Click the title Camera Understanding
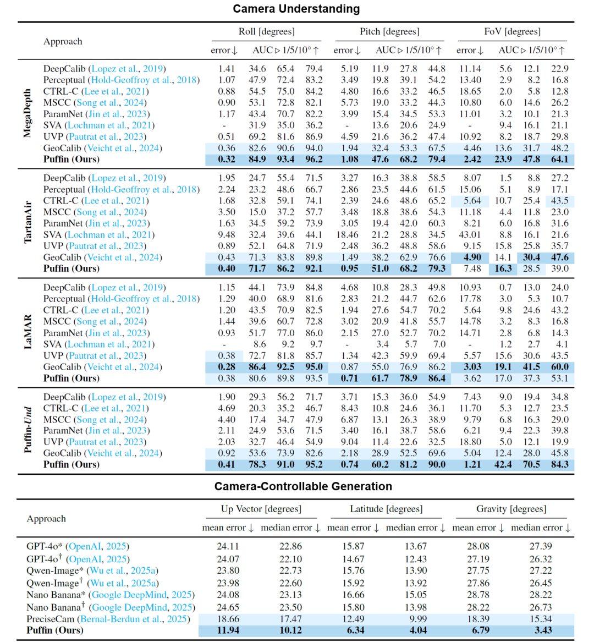coord(296,9)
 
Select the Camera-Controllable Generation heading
coord(303,486)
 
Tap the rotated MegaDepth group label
coord(28,114)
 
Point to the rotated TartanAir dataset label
coord(28,223)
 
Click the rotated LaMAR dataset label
coord(28,332)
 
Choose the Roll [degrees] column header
coord(266,31)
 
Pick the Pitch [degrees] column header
coord(389,31)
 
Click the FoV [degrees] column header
coord(512,31)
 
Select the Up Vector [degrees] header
coord(261,509)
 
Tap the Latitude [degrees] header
coord(386,509)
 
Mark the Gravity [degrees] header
coord(511,509)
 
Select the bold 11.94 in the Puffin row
coord(228,630)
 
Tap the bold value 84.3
coord(559,464)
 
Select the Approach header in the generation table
coord(46,519)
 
